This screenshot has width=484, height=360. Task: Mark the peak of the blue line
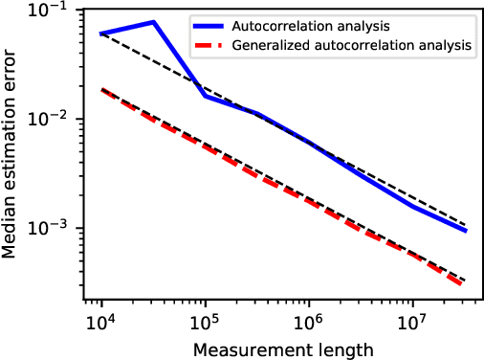153,22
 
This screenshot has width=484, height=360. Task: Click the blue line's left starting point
100,34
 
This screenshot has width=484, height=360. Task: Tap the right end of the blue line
465,231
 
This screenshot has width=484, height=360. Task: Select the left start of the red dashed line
100,89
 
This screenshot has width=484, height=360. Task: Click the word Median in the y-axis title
13,232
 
